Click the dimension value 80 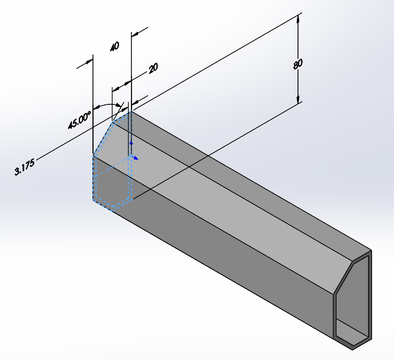[298, 63]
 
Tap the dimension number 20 [153, 68]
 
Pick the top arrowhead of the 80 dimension [299, 18]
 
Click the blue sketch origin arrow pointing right [136, 158]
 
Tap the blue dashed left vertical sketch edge [93, 178]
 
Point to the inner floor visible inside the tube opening [354, 338]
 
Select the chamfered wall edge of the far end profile [343, 276]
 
